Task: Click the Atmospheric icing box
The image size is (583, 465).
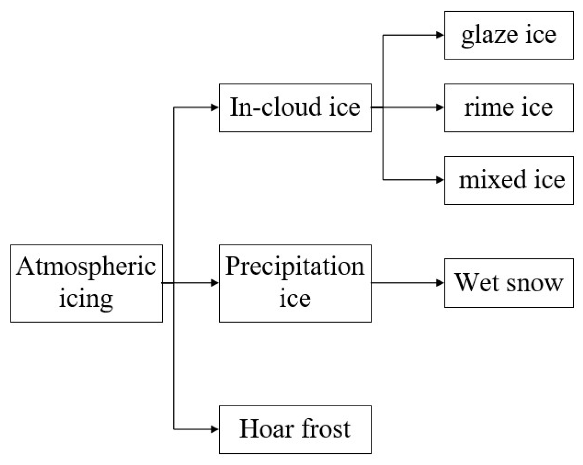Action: [x=86, y=283]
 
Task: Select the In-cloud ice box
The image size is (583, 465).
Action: [x=295, y=108]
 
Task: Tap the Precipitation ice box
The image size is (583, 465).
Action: [x=295, y=283]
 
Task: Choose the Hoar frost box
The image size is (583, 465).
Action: [x=295, y=430]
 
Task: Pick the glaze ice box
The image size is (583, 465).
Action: [x=509, y=35]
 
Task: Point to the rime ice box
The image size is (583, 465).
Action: [x=509, y=108]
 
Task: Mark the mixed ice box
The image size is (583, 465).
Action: [x=509, y=181]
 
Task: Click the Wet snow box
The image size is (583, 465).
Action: [x=509, y=283]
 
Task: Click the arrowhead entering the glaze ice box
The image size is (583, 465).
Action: [x=440, y=35]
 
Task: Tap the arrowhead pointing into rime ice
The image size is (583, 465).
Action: [x=440, y=108]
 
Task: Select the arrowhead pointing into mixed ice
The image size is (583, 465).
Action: [x=440, y=180]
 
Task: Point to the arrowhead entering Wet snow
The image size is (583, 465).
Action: [x=440, y=283]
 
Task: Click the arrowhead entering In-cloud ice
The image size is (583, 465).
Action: [x=215, y=108]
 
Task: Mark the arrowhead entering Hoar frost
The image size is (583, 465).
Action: [x=215, y=429]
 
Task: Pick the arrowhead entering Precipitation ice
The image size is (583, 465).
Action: [x=215, y=283]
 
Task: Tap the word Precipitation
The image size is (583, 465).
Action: [x=295, y=267]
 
